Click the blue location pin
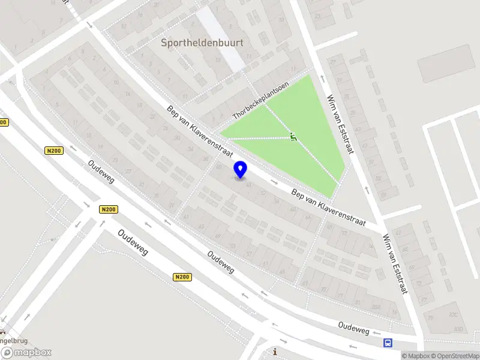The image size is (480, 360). [x=241, y=169]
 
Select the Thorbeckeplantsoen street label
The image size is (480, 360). [x=261, y=100]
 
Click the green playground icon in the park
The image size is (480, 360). [x=293, y=137]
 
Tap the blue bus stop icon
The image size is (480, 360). [x=388, y=343]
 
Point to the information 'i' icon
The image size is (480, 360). [x=275, y=352]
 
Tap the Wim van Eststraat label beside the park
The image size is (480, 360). [x=339, y=124]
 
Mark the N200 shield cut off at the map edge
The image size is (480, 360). [x=4, y=122]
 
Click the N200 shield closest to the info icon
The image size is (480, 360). [x=183, y=277]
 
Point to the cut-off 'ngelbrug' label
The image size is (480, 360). [x=13, y=339]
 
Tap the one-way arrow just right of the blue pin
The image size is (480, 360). [x=274, y=181]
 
